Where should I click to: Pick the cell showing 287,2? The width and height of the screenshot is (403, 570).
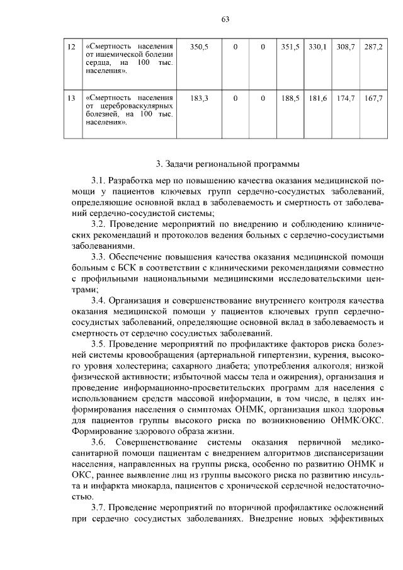click(373, 47)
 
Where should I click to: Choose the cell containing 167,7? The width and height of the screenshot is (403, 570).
click(373, 98)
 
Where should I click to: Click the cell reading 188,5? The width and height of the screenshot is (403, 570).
click(290, 98)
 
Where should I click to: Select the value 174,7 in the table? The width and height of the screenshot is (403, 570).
click(345, 98)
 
